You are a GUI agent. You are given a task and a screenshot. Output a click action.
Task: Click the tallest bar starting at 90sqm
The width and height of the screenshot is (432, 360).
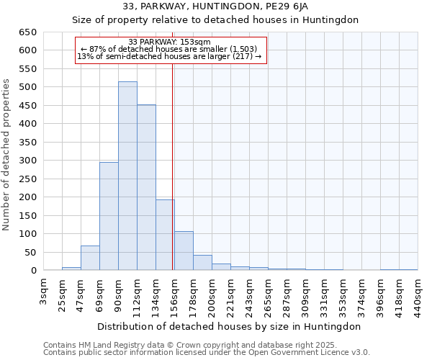pos(127,176)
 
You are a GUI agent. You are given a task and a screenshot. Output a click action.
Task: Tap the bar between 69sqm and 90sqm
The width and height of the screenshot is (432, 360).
pos(109,216)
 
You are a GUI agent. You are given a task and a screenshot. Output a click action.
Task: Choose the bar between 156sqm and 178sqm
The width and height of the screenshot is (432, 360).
pos(184,251)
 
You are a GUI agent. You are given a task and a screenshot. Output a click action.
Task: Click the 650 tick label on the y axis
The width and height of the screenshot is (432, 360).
pos(27,32)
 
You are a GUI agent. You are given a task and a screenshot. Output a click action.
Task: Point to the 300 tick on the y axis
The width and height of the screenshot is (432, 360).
pos(27,161)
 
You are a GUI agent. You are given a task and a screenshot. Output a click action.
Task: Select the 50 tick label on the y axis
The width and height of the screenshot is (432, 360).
pos(30,253)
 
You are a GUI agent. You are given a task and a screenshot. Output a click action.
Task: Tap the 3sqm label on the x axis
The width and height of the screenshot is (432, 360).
pos(44,292)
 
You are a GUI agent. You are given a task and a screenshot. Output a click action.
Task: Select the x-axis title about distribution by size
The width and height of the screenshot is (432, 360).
pos(230,326)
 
